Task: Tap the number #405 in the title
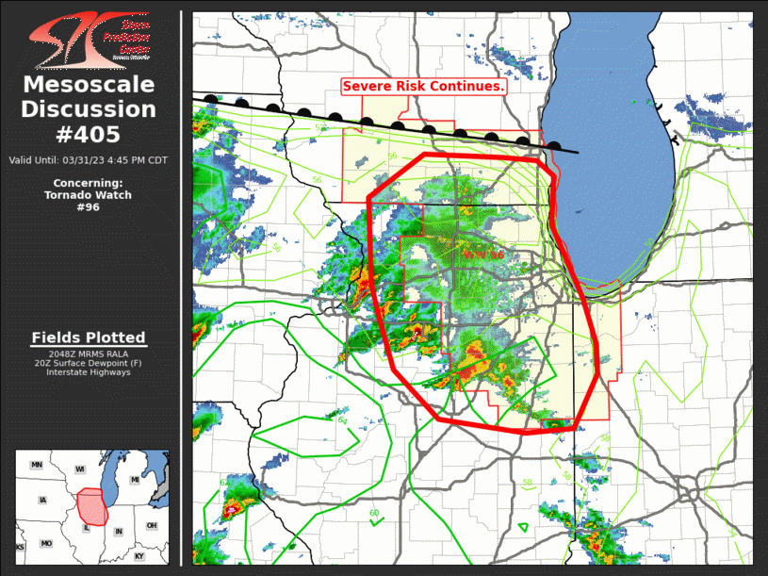pyautogui.click(x=89, y=134)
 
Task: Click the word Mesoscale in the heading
pyautogui.click(x=89, y=86)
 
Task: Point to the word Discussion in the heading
pyautogui.click(x=89, y=109)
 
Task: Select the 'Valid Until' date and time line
pyautogui.click(x=89, y=160)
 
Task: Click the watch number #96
pyautogui.click(x=88, y=207)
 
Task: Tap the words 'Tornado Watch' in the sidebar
pyautogui.click(x=88, y=195)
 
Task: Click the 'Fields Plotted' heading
pyautogui.click(x=89, y=337)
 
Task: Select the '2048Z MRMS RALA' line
pyautogui.click(x=89, y=354)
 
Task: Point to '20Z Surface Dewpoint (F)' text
pyautogui.click(x=89, y=363)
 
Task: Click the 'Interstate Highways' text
pyautogui.click(x=89, y=372)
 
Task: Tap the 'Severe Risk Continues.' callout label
pyautogui.click(x=424, y=86)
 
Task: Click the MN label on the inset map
pyautogui.click(x=37, y=465)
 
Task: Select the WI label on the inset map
pyautogui.click(x=80, y=469)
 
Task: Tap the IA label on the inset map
pyautogui.click(x=42, y=500)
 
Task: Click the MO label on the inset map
pyautogui.click(x=45, y=544)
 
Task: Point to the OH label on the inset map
pyautogui.click(x=151, y=525)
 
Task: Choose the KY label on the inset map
pyautogui.click(x=140, y=556)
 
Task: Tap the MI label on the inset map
pyautogui.click(x=135, y=480)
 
